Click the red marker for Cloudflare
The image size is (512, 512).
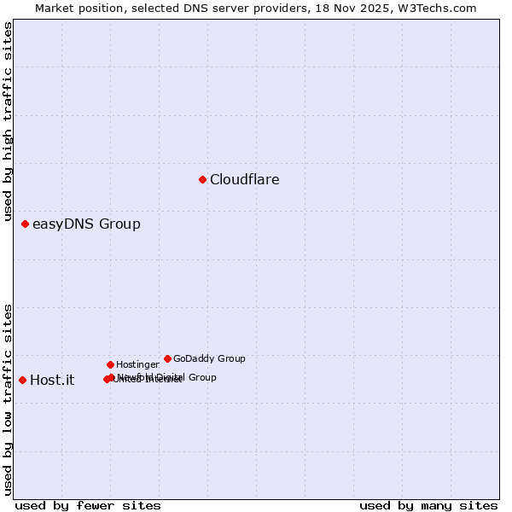click(202, 179)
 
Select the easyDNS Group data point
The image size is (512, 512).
click(25, 224)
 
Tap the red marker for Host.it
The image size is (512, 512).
click(22, 380)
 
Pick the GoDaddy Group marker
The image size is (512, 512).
click(167, 358)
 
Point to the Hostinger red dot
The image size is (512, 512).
click(110, 364)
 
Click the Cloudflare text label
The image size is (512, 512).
click(244, 179)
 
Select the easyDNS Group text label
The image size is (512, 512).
click(86, 224)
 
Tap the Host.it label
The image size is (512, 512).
click(52, 381)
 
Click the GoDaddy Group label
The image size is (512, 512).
click(209, 359)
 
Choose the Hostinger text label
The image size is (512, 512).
click(137, 365)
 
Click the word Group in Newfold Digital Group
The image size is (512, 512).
click(202, 377)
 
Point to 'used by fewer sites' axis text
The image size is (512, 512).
click(88, 506)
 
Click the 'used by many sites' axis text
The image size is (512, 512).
click(428, 506)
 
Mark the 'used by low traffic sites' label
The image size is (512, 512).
click(8, 399)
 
